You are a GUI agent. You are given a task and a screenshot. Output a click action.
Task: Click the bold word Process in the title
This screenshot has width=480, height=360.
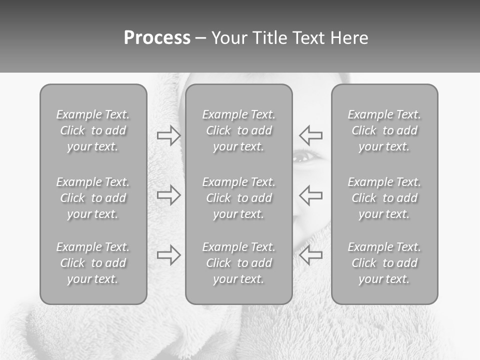click(x=157, y=38)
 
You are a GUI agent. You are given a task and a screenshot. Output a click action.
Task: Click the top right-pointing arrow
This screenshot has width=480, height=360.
click(x=169, y=135)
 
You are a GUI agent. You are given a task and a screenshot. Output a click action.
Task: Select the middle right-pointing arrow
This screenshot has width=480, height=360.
click(x=169, y=195)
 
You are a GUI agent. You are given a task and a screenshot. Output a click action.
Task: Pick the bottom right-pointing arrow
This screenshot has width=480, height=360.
click(x=169, y=255)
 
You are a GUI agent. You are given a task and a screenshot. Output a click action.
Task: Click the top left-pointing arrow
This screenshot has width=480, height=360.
click(x=310, y=135)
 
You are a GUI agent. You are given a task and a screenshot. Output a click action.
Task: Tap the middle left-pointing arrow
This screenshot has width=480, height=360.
click(x=310, y=195)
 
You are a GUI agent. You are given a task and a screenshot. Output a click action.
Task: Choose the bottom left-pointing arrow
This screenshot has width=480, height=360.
click(x=310, y=255)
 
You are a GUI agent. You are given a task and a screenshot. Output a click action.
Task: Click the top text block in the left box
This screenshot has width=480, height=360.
click(x=93, y=130)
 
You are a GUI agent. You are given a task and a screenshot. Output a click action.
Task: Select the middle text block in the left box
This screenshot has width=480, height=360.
click(x=93, y=198)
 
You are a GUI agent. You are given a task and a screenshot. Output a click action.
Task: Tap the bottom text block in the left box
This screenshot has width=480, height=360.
click(x=93, y=263)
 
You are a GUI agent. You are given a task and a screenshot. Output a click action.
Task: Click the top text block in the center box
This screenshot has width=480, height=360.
click(x=239, y=130)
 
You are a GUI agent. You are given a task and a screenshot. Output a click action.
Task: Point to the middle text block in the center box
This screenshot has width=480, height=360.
click(x=239, y=198)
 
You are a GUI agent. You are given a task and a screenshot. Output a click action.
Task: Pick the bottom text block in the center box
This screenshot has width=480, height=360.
click(x=239, y=263)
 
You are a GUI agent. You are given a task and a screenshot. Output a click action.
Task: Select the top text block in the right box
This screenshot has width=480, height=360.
click(x=384, y=130)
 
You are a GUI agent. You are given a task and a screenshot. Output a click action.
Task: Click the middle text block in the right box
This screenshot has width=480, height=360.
click(x=384, y=198)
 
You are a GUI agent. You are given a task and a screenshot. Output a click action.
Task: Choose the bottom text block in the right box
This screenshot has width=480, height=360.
click(x=384, y=263)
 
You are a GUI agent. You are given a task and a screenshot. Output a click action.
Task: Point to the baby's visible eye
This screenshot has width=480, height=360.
click(x=302, y=157)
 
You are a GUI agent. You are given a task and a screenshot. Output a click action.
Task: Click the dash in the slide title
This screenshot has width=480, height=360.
click(x=201, y=38)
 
